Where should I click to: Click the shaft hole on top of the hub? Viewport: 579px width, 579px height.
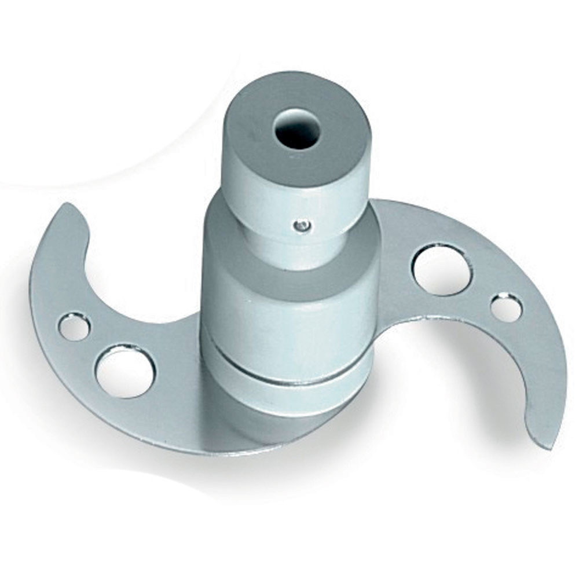(296, 129)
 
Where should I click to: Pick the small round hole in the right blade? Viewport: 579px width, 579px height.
(505, 307)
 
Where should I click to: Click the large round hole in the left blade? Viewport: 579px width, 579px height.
(125, 371)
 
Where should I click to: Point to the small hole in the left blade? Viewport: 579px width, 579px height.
(74, 327)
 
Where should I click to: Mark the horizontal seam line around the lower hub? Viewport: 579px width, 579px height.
(289, 371)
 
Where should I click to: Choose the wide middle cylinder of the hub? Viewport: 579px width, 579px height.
(289, 313)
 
